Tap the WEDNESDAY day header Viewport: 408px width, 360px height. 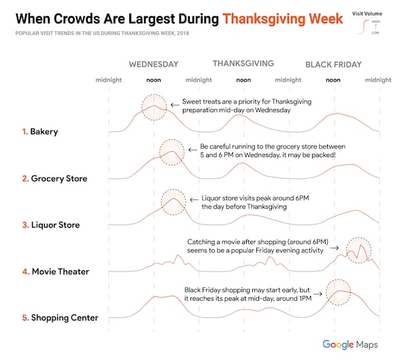[154, 65]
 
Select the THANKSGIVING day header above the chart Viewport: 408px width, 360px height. [243, 64]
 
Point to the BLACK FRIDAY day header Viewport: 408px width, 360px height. [333, 65]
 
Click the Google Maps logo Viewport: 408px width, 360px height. [350, 344]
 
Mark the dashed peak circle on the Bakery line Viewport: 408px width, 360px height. [154, 108]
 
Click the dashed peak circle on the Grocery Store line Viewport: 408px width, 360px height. [171, 153]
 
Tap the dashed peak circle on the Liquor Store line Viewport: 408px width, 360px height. [173, 201]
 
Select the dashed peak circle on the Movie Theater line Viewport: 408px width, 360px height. [358, 250]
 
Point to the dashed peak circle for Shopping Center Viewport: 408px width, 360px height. [339, 293]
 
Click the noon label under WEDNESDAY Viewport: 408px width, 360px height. [154, 80]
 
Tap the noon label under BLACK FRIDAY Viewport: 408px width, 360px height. [333, 80]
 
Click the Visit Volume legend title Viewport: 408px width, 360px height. [367, 13]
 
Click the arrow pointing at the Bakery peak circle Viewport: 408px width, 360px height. [174, 105]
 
